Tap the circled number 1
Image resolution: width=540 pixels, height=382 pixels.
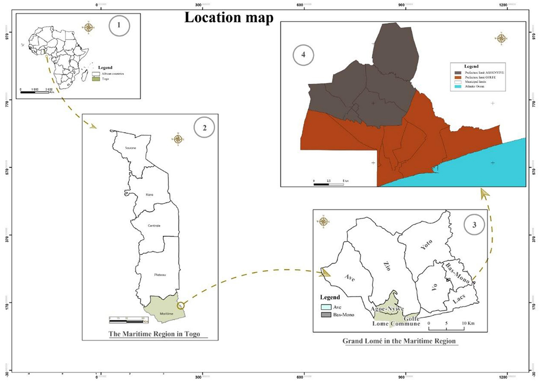tap(119, 26)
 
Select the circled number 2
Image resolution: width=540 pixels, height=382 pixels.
tap(204, 128)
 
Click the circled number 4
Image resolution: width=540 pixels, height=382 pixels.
tap(304, 56)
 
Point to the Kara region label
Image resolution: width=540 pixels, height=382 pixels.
tap(150, 195)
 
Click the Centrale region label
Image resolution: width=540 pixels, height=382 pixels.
tap(154, 225)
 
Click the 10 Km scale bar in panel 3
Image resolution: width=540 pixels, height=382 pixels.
tap(447, 317)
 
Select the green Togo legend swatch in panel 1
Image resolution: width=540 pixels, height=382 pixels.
tap(96, 79)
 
